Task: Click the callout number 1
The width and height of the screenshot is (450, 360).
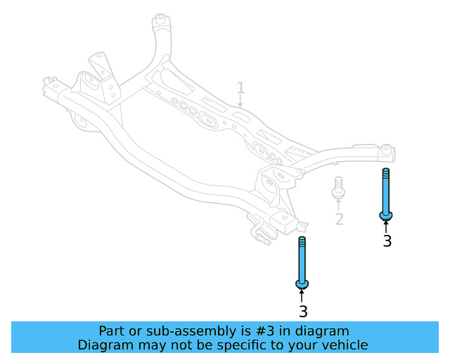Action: [x=240, y=88]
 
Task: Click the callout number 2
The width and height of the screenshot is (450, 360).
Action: [x=339, y=220]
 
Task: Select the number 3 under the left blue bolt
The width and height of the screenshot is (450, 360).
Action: [x=303, y=311]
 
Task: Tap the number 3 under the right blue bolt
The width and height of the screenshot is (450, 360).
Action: [x=387, y=241]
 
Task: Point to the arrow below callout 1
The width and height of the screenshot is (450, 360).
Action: [x=240, y=103]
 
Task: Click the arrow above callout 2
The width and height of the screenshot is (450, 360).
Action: [x=338, y=205]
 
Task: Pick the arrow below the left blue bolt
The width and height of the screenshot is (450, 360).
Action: [x=302, y=296]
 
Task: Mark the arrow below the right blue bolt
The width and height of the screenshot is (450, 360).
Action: [x=386, y=226]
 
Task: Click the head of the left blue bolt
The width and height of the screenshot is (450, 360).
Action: [x=302, y=283]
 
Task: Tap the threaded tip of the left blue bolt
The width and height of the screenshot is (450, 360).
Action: [x=302, y=242]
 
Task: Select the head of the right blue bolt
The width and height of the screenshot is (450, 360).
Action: [x=386, y=214]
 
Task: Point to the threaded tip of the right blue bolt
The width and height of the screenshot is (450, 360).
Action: [x=386, y=173]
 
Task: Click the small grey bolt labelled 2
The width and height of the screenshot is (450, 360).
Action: [x=338, y=187]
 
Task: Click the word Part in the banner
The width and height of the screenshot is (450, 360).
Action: [x=112, y=331]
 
